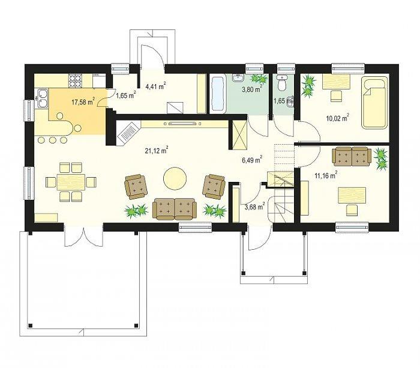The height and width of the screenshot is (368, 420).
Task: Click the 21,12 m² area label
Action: pos(157,151)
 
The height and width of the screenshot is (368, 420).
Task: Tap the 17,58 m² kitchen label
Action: pos(83,101)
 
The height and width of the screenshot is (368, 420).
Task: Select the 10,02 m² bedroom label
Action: pos(337,118)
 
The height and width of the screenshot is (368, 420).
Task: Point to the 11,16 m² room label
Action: pos(326,175)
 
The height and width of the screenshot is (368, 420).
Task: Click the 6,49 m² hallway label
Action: pos(252,160)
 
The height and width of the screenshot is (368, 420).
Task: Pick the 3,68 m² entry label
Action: pos(255,207)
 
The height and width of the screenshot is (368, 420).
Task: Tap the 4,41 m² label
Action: pos(155,86)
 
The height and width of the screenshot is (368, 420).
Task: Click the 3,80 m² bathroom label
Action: pos(251,89)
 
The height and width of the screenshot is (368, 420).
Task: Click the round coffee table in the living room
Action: pos(175,178)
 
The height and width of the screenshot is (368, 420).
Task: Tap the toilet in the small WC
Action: pos(281,83)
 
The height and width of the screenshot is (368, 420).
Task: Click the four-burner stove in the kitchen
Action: pos(75,80)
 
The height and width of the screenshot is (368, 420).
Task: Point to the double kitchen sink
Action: pos(42,99)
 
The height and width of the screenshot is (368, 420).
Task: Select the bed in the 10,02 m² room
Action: pos(374,103)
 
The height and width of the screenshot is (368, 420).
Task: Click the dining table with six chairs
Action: pos(71,182)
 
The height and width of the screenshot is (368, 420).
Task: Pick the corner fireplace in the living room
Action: pos(128,133)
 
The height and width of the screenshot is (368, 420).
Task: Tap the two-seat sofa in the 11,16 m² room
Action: pos(352,156)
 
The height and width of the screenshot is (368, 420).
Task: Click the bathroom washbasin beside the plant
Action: pos(238,78)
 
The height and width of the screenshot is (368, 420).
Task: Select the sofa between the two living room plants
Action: pos(175,209)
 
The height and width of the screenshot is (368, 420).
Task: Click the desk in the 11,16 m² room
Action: pos(352,195)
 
